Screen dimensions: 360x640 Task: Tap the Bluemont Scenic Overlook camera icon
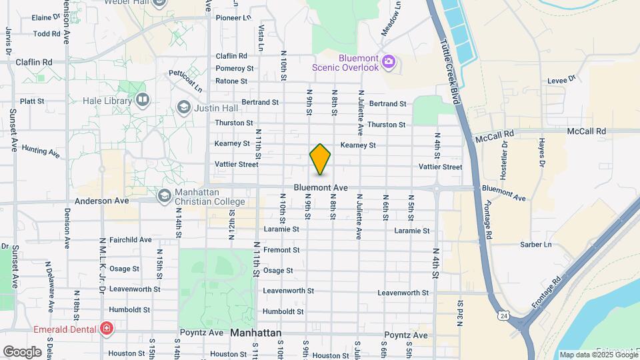coord(389,63)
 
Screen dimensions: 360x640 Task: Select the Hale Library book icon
coord(142,101)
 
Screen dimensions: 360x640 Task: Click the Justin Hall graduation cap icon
coord(183,107)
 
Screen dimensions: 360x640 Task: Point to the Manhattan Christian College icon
coord(164,196)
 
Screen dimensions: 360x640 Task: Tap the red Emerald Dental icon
coord(105,328)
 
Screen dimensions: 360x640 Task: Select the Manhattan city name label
coord(256,333)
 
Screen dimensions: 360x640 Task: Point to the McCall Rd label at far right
coord(587,131)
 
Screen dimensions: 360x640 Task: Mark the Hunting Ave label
coord(41,151)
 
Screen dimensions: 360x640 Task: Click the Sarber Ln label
coord(538,245)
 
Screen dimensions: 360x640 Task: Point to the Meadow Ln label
coord(392,18)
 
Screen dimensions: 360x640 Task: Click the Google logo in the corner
coord(22,351)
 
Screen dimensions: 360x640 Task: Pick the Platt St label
coord(32,101)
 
